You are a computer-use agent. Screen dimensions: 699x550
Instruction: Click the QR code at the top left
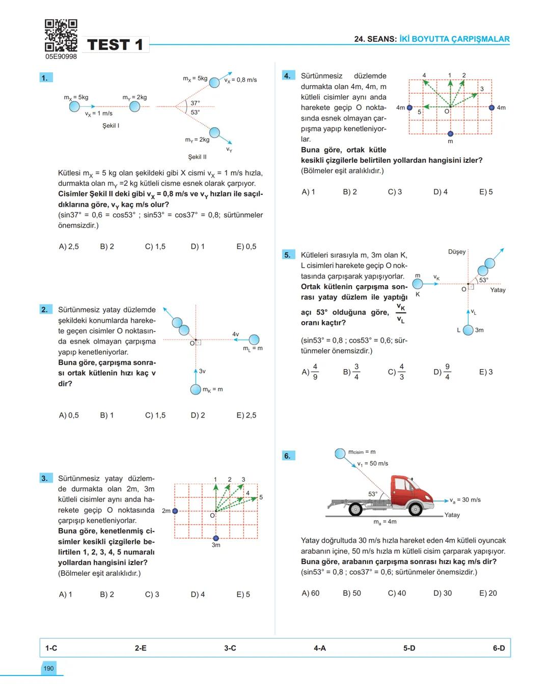click(x=61, y=35)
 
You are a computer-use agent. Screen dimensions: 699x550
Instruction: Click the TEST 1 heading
click(x=115, y=45)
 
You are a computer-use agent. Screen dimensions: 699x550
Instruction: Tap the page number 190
click(x=48, y=668)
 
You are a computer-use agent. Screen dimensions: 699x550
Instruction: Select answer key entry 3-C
click(x=230, y=648)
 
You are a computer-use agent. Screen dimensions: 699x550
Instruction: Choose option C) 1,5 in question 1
click(x=155, y=246)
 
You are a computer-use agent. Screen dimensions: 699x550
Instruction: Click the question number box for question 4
click(x=287, y=76)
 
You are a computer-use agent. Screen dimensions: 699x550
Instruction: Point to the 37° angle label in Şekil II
click(x=195, y=103)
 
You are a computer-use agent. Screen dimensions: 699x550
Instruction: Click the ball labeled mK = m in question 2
click(x=196, y=389)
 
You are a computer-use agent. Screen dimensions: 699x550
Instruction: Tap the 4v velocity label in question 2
click(x=235, y=334)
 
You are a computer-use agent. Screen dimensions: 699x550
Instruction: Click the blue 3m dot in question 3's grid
click(x=216, y=538)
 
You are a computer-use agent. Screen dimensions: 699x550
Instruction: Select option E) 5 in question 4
click(x=486, y=192)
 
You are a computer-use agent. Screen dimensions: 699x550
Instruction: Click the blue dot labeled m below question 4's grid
click(x=450, y=133)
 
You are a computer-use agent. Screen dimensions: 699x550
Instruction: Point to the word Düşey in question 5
click(x=456, y=251)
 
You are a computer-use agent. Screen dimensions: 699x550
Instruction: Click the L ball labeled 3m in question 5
click(x=468, y=330)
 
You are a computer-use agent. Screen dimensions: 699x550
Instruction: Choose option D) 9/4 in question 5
click(x=442, y=372)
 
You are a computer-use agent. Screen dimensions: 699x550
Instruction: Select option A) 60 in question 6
click(x=310, y=593)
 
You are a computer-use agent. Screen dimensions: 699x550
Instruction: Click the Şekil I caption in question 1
click(x=111, y=125)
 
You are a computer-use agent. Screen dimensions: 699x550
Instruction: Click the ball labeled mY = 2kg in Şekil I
click(x=134, y=106)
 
